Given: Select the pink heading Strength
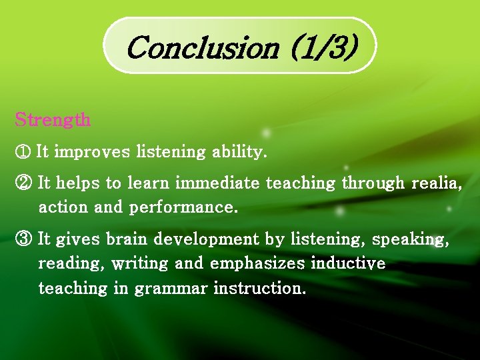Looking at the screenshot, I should tap(53, 120).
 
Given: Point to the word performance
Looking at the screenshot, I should tap(183, 207).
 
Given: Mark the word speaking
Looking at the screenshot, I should tap(410, 239).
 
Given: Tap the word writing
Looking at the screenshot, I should tap(140, 264).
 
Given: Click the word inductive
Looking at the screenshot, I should tap(348, 264).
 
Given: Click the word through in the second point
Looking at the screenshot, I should tap(373, 182).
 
